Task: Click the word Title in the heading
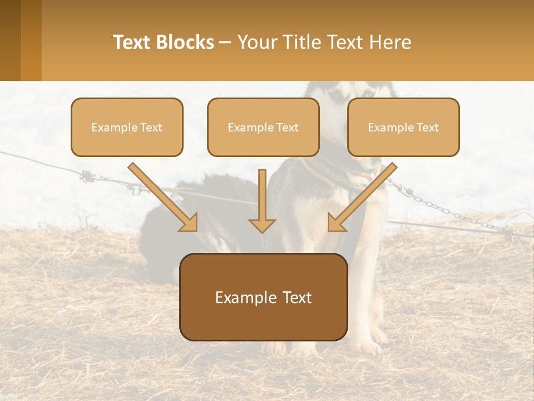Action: pyautogui.click(x=298, y=42)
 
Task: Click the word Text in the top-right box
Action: pyautogui.click(x=427, y=128)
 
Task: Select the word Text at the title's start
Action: pyautogui.click(x=132, y=42)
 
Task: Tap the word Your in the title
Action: pyautogui.click(x=256, y=42)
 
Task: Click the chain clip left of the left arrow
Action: pyautogui.click(x=87, y=177)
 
